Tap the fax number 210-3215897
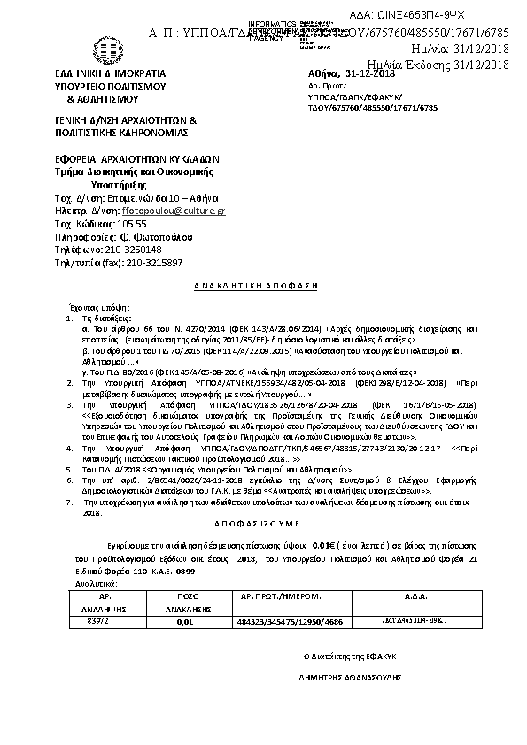click(143, 263)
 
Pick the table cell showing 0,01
click(185, 622)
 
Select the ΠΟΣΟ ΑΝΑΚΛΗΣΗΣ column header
click(185, 603)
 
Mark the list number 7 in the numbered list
click(71, 501)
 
